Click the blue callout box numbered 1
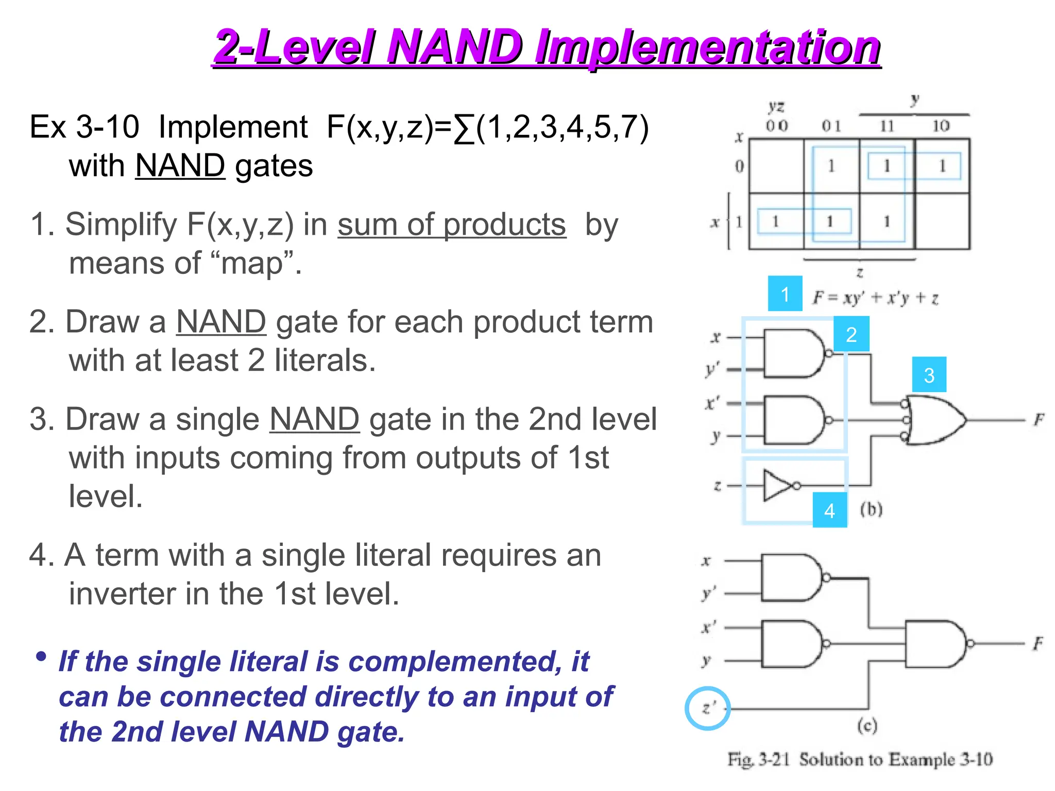(785, 294)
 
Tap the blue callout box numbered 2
(851, 335)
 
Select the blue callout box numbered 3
(929, 374)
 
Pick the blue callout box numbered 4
(829, 510)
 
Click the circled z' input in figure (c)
(708, 708)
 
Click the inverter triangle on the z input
(778, 485)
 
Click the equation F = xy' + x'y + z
(875, 298)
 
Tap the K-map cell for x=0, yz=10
(942, 166)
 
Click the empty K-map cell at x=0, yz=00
(776, 166)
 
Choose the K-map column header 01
(831, 126)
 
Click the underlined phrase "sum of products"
(452, 225)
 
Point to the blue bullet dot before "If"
(41, 657)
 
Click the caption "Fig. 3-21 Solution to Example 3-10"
(859, 759)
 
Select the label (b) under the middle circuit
(871, 509)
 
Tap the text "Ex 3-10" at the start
(84, 127)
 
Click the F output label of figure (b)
(1039, 420)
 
